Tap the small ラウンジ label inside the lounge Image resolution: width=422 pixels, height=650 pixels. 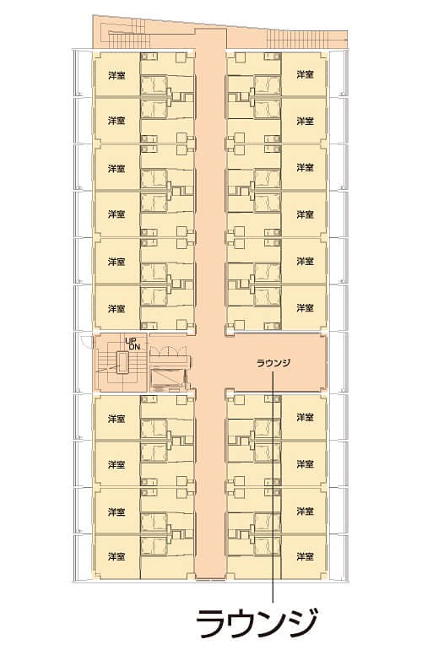click(273, 364)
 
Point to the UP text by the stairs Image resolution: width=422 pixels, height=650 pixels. click(131, 340)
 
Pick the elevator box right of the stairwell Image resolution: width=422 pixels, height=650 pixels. click(169, 377)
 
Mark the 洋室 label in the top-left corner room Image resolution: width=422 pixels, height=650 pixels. click(116, 75)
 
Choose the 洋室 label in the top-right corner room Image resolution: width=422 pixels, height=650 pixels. click(305, 75)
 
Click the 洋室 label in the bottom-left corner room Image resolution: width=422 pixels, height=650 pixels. click(116, 557)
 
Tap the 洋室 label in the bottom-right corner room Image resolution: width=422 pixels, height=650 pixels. click(305, 557)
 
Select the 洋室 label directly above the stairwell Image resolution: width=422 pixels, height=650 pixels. click(116, 309)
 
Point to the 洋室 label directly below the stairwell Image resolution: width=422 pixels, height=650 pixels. click(116, 419)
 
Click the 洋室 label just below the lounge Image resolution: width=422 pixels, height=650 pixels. click(305, 419)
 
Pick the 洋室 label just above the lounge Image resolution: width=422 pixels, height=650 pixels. click(305, 309)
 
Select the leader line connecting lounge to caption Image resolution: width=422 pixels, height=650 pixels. click(273, 490)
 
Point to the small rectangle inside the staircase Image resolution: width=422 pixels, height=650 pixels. click(123, 364)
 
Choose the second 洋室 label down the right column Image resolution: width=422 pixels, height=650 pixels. click(305, 121)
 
